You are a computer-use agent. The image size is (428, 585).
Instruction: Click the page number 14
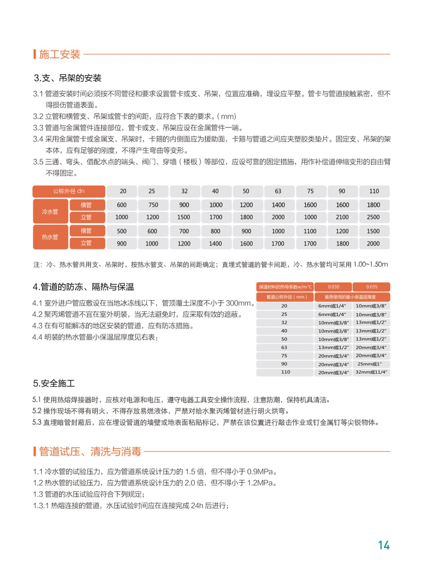[384, 545]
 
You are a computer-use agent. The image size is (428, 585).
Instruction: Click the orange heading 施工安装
[60, 54]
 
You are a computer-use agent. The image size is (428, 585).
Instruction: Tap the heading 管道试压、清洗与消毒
[90, 452]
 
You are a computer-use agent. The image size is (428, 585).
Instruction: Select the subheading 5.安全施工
[54, 383]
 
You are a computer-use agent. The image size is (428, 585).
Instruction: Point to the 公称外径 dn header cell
[69, 191]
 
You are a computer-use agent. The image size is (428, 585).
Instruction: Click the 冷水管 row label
[50, 211]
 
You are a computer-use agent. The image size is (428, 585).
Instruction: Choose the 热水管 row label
[50, 237]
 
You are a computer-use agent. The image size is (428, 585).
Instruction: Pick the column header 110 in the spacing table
[374, 191]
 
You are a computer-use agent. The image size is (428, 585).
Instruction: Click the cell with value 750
[153, 205]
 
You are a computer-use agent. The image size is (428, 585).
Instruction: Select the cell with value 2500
[373, 217]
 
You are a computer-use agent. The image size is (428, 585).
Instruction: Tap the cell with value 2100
[342, 217]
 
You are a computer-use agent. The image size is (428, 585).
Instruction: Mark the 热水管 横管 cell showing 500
[122, 231]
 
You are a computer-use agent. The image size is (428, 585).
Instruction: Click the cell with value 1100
[310, 231]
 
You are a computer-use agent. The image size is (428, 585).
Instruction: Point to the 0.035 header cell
[371, 287]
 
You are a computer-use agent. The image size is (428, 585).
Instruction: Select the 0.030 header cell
[333, 287]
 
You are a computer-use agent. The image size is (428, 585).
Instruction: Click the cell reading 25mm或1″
[370, 364]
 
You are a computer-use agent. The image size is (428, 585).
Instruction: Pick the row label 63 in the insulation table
[284, 347]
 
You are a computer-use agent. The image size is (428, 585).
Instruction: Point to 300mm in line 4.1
[238, 303]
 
